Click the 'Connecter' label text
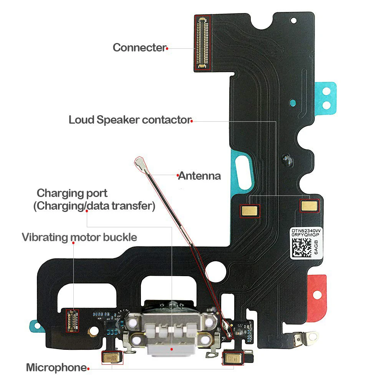point(139,48)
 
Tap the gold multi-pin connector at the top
point(202,43)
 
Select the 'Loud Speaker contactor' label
point(129,120)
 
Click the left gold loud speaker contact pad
point(250,210)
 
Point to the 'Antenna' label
point(200,176)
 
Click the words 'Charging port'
point(72,193)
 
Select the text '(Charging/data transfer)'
point(94,206)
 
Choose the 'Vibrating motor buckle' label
point(79,237)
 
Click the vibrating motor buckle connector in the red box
point(72,321)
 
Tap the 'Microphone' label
point(56,367)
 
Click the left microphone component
point(112,358)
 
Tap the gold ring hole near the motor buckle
point(93,331)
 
